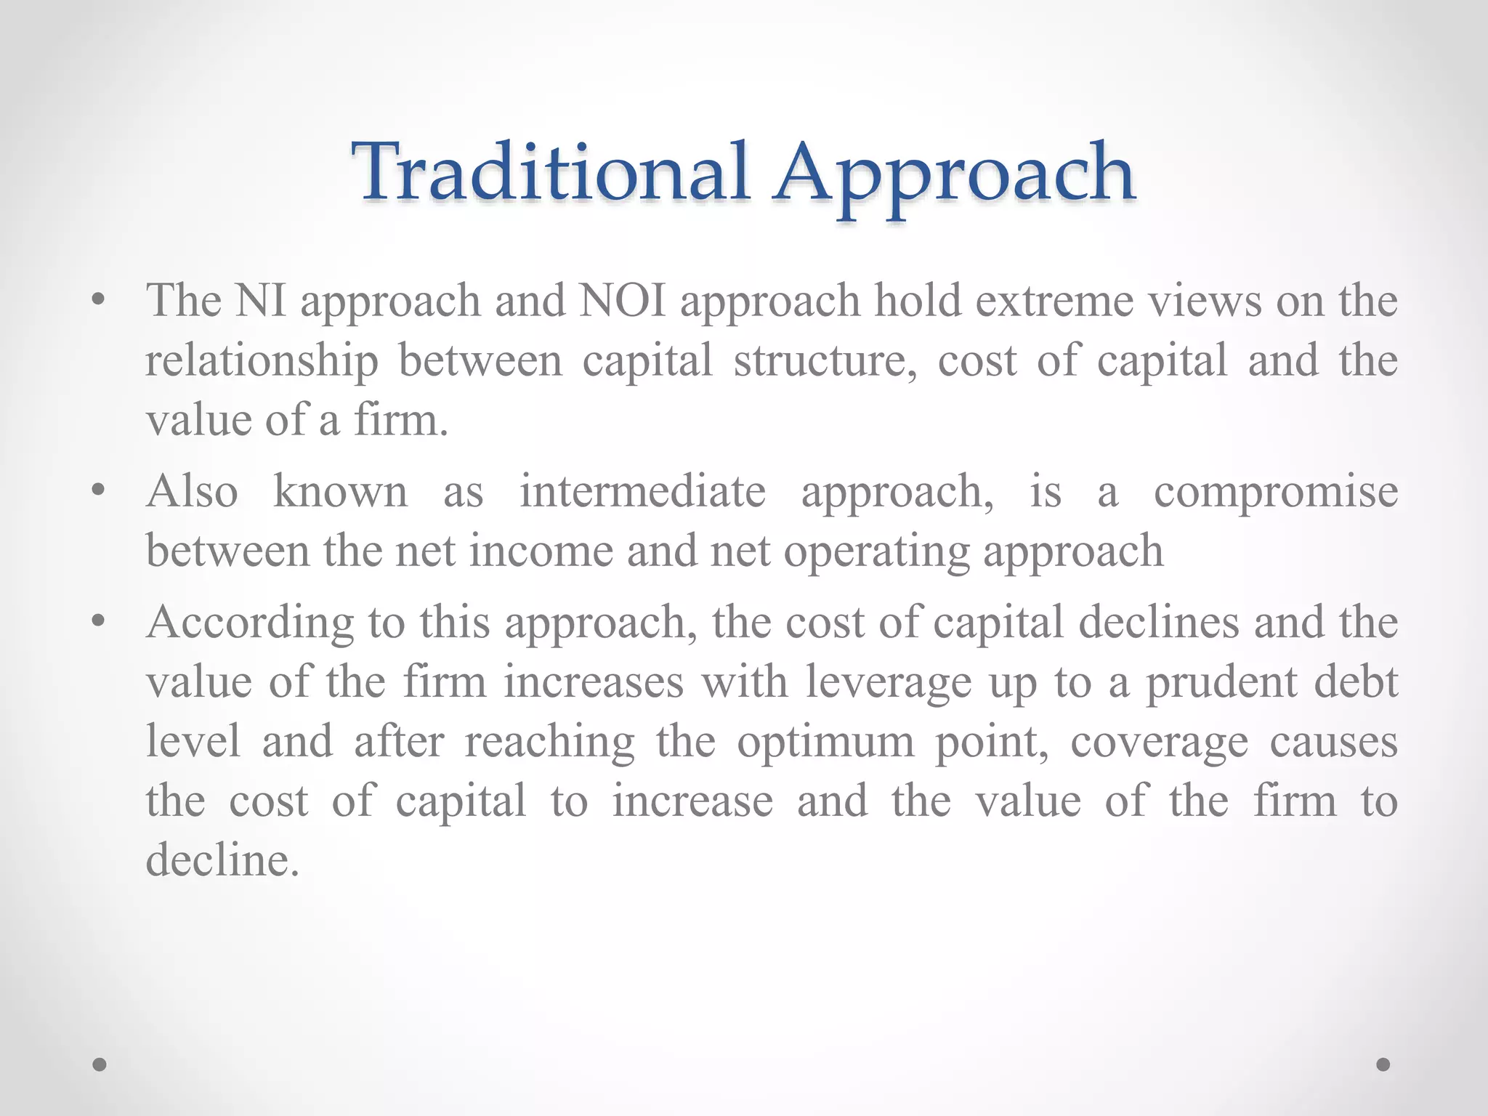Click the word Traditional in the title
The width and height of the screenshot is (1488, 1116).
[x=550, y=172]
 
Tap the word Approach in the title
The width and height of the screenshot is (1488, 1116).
[x=953, y=174]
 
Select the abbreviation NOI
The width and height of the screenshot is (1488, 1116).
[x=622, y=300]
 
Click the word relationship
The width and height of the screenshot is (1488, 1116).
[x=262, y=361]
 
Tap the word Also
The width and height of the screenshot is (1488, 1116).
[x=192, y=491]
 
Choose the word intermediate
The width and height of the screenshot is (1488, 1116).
[x=642, y=491]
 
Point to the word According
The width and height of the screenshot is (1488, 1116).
[x=250, y=623]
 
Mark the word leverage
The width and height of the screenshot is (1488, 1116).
[x=888, y=684]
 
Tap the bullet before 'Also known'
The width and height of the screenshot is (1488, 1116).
[x=100, y=490]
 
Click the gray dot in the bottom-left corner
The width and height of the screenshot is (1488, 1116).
[x=100, y=1064]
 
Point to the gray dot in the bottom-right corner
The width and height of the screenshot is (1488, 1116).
[x=1383, y=1064]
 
